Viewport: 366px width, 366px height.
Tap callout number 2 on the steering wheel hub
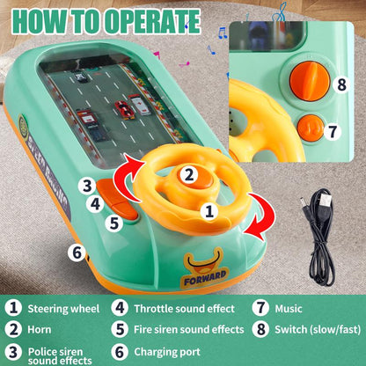click(x=188, y=174)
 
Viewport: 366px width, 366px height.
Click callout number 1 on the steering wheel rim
click(x=209, y=211)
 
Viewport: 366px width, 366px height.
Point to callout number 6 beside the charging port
click(x=77, y=252)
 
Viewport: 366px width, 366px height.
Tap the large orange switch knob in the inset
click(x=309, y=80)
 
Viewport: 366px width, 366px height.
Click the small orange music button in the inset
click(x=309, y=128)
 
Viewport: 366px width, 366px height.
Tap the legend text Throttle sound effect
click(x=184, y=309)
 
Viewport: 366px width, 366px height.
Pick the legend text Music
click(x=289, y=309)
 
